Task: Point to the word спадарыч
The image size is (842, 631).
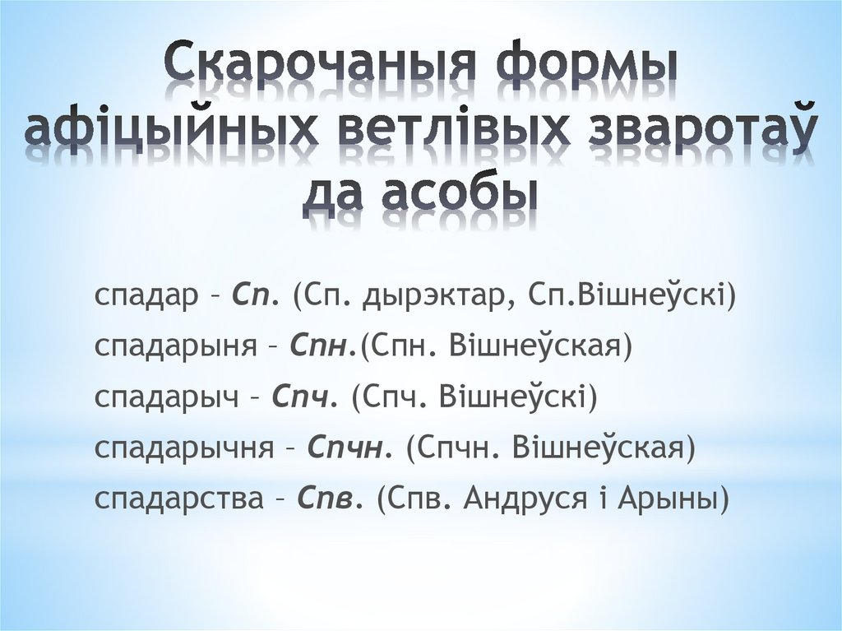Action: [x=172, y=399]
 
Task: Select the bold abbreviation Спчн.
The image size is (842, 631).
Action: [x=350, y=449]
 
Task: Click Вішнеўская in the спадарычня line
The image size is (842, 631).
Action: [x=604, y=449]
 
